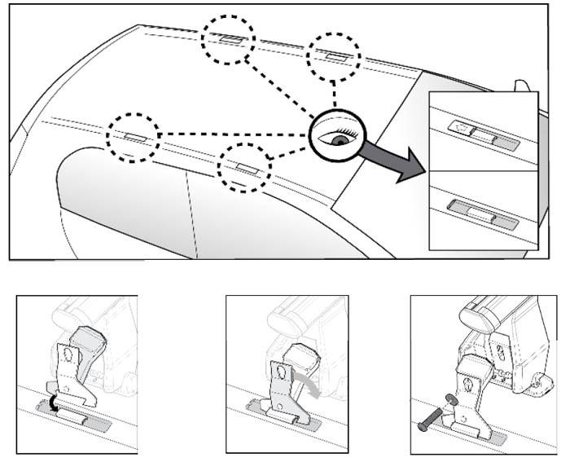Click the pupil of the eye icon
(x=337, y=139)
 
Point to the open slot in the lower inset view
(x=478, y=213)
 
